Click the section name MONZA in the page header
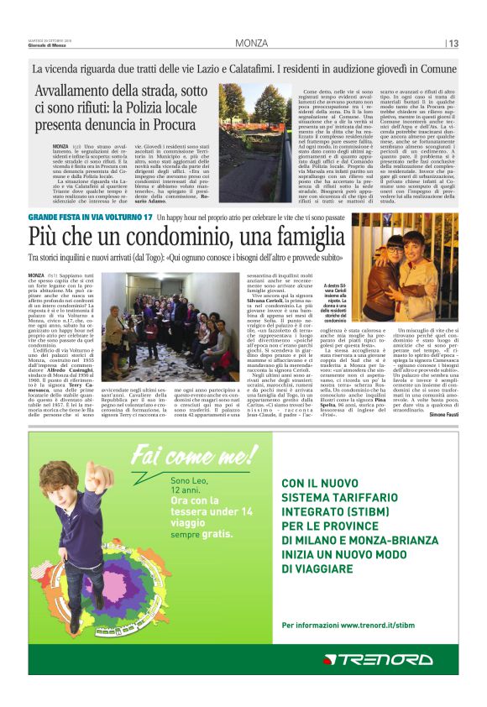click(252, 43)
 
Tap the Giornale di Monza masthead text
click(53, 45)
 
